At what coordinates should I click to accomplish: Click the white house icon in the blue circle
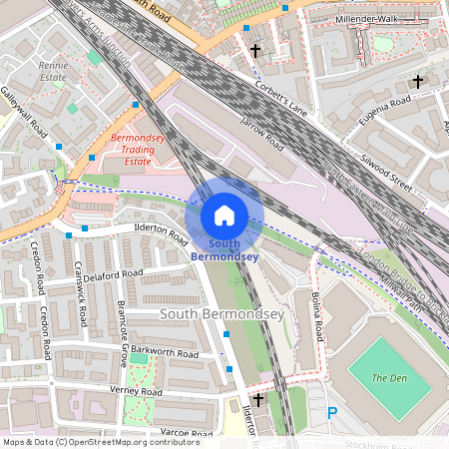tap(224, 215)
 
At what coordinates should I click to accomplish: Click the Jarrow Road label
tap(262, 136)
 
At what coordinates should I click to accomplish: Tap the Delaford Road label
tap(114, 274)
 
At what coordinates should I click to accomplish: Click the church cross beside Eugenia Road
tap(417, 82)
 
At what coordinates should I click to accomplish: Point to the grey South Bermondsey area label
tap(223, 314)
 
